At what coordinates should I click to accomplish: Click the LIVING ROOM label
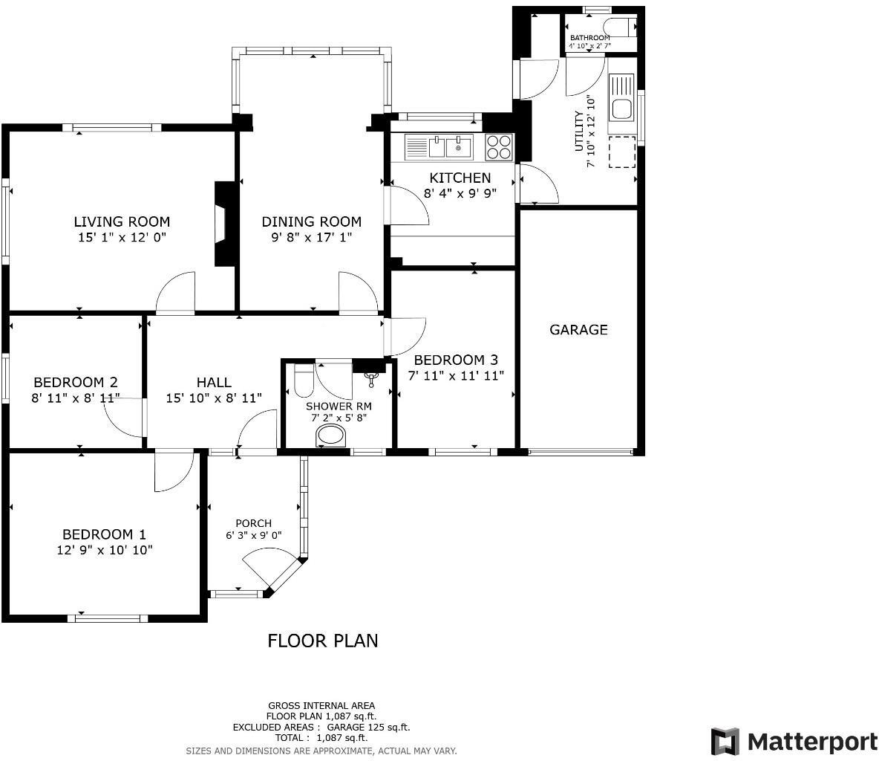(122, 221)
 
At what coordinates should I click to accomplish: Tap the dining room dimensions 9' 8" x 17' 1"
(311, 238)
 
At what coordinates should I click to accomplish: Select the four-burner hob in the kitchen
(499, 146)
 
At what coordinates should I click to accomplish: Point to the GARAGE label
(578, 329)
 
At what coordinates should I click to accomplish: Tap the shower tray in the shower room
(332, 435)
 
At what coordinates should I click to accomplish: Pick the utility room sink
(621, 97)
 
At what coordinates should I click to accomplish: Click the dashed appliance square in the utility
(622, 152)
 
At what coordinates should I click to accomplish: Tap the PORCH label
(253, 523)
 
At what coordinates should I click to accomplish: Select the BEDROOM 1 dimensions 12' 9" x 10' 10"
(104, 550)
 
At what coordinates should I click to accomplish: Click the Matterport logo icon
(725, 741)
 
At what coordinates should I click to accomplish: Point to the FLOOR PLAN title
(322, 641)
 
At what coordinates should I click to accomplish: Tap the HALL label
(213, 382)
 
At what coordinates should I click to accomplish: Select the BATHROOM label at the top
(589, 38)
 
